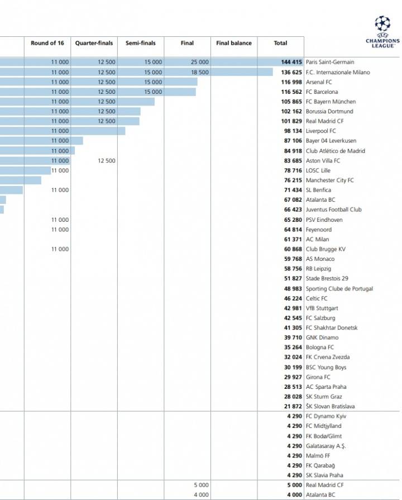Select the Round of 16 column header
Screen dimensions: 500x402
[x=47, y=43]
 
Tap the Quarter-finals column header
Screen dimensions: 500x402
[x=94, y=43]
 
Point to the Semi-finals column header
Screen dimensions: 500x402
[x=141, y=43]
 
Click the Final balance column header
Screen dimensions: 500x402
[x=234, y=43]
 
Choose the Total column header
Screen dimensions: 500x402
[x=280, y=43]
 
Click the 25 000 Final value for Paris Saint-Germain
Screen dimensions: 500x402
[x=199, y=63]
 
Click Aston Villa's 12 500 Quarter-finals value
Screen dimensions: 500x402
[x=106, y=161]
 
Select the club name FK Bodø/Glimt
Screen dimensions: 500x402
[x=324, y=436]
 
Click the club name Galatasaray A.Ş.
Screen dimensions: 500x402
[x=326, y=446]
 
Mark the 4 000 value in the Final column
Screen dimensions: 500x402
[x=201, y=495]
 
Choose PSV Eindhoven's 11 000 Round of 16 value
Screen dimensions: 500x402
[x=60, y=220]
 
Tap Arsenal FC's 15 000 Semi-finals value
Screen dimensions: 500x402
[x=153, y=82]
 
